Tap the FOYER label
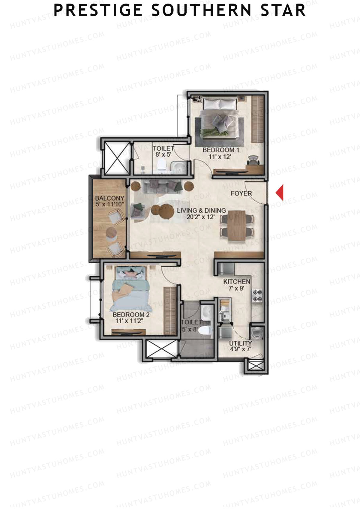tap(241, 193)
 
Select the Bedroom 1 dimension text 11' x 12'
tap(220, 157)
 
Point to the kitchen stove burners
tap(257, 295)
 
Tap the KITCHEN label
tap(237, 282)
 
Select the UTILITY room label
tap(240, 343)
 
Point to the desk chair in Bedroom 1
tap(254, 160)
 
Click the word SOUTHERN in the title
tap(201, 11)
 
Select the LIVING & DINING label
tap(201, 210)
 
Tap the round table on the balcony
tap(111, 232)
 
